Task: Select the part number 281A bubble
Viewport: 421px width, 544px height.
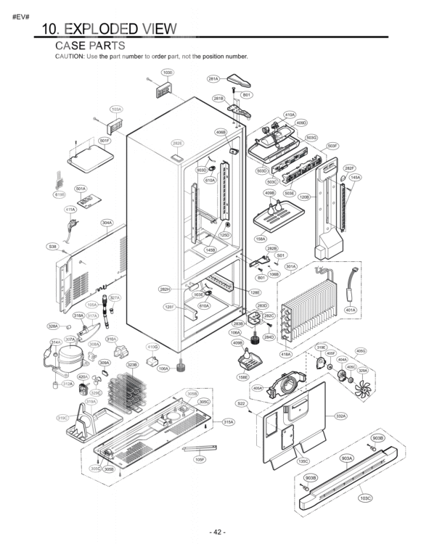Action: pyautogui.click(x=213, y=78)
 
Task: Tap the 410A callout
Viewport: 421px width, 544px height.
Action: pyautogui.click(x=290, y=115)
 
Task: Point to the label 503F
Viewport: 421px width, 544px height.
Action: pyautogui.click(x=332, y=146)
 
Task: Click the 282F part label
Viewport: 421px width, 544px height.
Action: pyautogui.click(x=349, y=168)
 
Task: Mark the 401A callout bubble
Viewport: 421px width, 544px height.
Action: pyautogui.click(x=351, y=310)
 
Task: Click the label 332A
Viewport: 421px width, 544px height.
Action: pyautogui.click(x=340, y=416)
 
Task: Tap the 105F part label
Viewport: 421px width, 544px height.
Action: pyautogui.click(x=200, y=459)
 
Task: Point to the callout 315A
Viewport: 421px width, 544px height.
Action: pyautogui.click(x=228, y=421)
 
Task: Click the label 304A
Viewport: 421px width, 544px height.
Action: pyautogui.click(x=107, y=223)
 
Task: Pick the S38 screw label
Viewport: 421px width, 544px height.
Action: pyautogui.click(x=52, y=247)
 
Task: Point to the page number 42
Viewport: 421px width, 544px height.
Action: pyautogui.click(x=218, y=532)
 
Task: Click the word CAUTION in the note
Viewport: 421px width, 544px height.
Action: pyautogui.click(x=70, y=56)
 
